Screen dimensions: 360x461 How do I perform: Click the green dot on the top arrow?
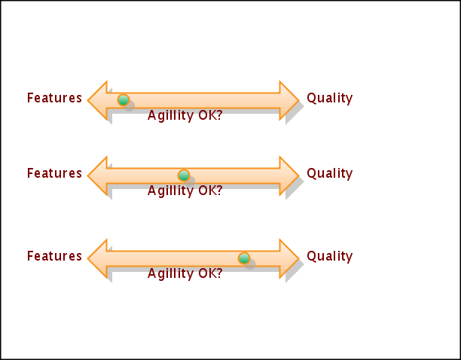point(124,99)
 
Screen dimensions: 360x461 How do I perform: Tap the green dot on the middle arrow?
point(183,175)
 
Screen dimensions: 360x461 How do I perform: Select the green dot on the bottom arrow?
point(243,258)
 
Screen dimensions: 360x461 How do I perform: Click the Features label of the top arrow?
point(54,98)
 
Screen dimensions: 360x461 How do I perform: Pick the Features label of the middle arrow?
point(54,173)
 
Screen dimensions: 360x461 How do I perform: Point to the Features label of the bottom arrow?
point(54,256)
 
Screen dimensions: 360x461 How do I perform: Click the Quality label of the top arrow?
point(329,98)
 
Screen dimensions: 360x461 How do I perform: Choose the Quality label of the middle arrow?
point(329,173)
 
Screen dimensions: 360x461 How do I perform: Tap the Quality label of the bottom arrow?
point(329,256)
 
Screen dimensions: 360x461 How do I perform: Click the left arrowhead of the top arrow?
point(98,100)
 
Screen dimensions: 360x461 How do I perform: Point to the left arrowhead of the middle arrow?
point(98,175)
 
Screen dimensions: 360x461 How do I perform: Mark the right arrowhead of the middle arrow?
point(289,175)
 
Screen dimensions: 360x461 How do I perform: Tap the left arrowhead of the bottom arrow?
point(98,258)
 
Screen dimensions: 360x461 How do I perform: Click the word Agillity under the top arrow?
point(170,116)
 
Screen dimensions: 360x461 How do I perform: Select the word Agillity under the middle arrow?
point(170,191)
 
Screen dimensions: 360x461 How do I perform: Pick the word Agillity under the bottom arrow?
point(170,274)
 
